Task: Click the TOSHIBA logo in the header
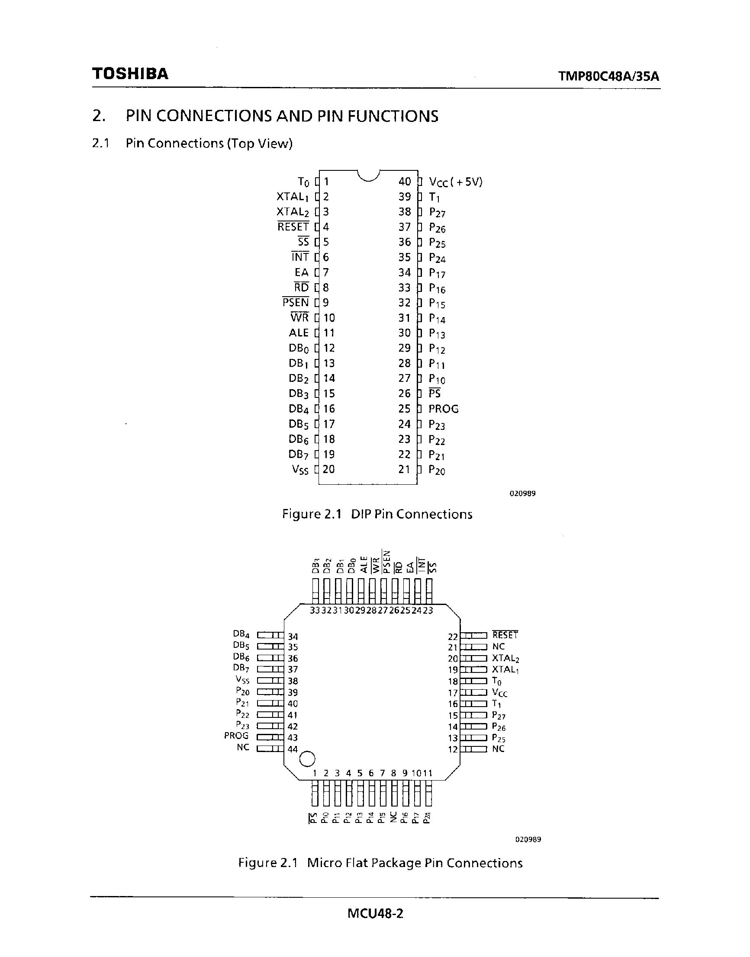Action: (x=130, y=74)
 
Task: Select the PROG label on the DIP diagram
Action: (x=444, y=409)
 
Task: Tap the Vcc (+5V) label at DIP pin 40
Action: (x=455, y=182)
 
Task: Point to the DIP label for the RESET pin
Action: (x=293, y=227)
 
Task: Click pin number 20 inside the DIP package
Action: (x=328, y=470)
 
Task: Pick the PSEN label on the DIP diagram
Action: (x=296, y=303)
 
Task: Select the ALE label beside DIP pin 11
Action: (x=299, y=333)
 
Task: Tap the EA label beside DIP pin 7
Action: (x=302, y=272)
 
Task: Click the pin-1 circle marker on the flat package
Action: (x=306, y=758)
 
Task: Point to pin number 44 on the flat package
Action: (x=293, y=749)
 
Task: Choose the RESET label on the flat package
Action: (x=505, y=635)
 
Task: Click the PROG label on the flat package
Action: (x=236, y=736)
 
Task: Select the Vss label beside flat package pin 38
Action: (x=242, y=680)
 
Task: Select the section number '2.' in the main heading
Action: (x=99, y=116)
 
